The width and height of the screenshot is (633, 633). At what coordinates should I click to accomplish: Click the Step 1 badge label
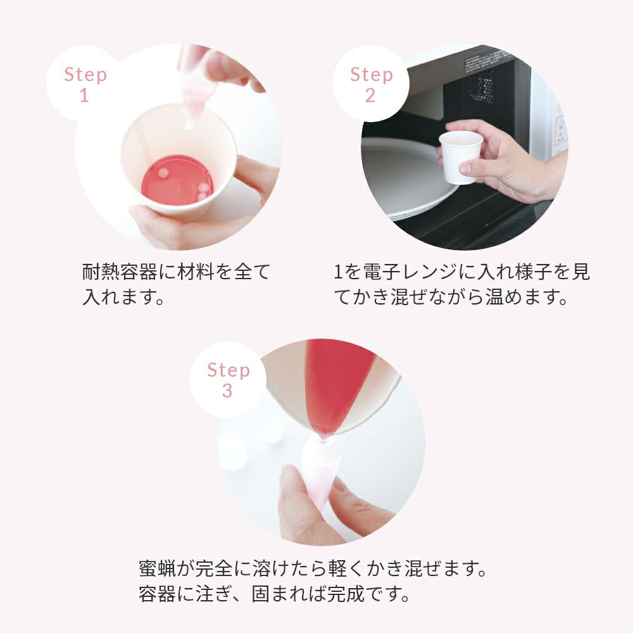(x=85, y=84)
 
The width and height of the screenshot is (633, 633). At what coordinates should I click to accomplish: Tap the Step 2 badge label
(x=371, y=84)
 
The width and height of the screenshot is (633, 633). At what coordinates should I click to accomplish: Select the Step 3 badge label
(x=228, y=380)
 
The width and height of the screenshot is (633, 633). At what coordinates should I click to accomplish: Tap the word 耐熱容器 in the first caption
(x=120, y=272)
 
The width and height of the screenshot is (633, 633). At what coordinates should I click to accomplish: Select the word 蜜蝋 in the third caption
(x=157, y=568)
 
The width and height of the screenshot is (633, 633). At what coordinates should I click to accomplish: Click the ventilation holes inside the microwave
(x=481, y=87)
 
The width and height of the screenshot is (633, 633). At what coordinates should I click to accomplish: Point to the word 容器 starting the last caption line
(x=157, y=594)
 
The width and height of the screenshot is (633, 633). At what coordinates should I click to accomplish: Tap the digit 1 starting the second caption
(x=338, y=272)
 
